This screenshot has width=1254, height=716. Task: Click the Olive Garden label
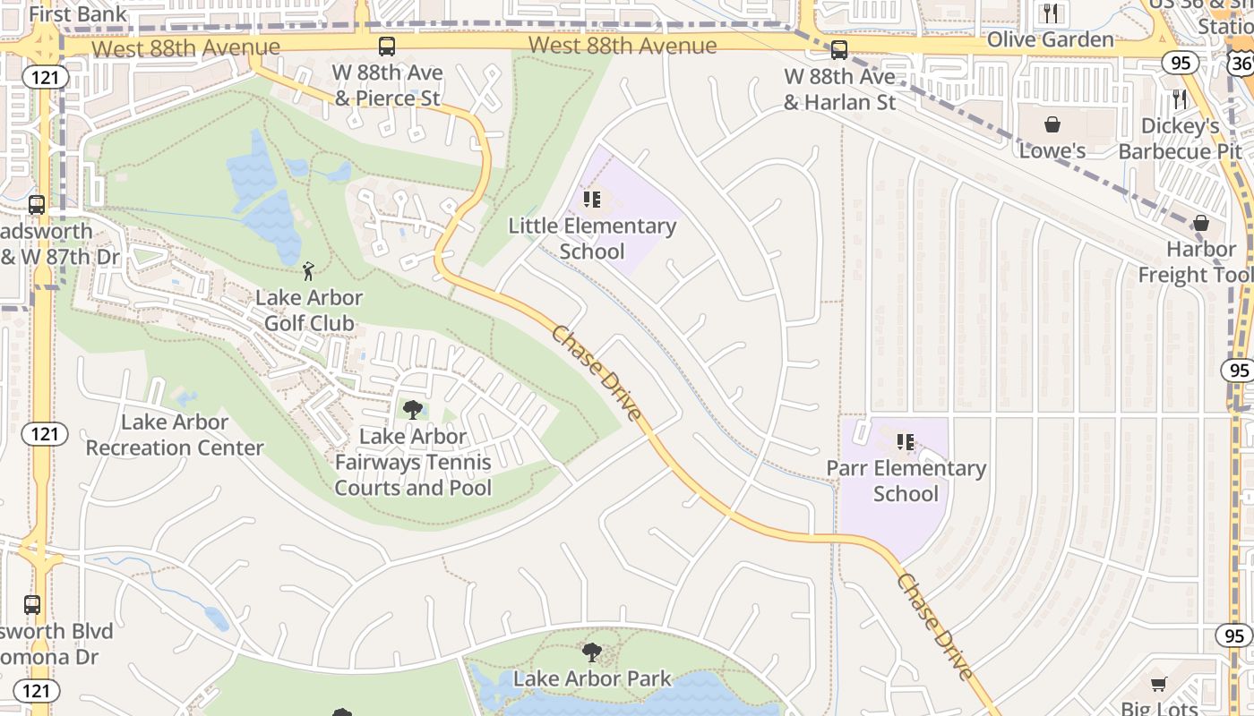click(x=1050, y=39)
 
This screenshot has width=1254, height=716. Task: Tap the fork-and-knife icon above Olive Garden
click(x=1051, y=13)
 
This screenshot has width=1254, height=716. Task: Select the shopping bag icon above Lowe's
click(x=1052, y=124)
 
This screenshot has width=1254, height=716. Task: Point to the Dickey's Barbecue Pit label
click(x=1180, y=139)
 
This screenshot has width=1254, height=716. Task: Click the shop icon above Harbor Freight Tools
click(x=1201, y=223)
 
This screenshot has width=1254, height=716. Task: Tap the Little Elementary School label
click(x=592, y=239)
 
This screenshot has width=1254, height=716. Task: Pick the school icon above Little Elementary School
click(x=591, y=199)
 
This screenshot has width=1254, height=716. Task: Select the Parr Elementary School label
click(x=906, y=481)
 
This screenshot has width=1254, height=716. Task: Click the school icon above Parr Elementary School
click(x=906, y=441)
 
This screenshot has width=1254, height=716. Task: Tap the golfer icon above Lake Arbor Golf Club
click(x=309, y=270)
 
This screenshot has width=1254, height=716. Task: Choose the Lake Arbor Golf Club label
click(x=309, y=310)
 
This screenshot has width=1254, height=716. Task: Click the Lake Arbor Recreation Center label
click(x=175, y=435)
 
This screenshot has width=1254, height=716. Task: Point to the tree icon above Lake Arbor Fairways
click(x=413, y=410)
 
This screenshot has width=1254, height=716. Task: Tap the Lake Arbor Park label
click(x=592, y=678)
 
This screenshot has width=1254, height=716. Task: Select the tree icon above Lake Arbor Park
click(x=592, y=652)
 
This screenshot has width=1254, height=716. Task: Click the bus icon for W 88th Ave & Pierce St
click(x=387, y=47)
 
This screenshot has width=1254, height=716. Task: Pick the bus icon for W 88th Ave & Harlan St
click(x=839, y=50)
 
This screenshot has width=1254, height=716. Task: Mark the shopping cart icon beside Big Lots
click(x=1158, y=685)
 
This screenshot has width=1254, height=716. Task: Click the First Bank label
click(x=78, y=14)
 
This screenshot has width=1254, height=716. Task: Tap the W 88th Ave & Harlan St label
click(x=839, y=89)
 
